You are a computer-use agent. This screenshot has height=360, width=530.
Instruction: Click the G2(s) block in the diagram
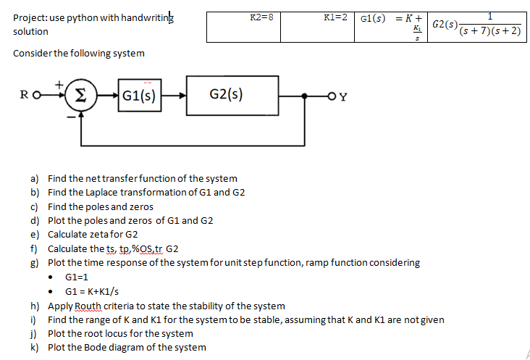[x=225, y=94]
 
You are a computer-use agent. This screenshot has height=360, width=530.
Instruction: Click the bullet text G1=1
[x=77, y=277]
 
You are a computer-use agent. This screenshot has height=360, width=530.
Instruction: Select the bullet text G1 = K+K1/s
[x=93, y=291]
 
